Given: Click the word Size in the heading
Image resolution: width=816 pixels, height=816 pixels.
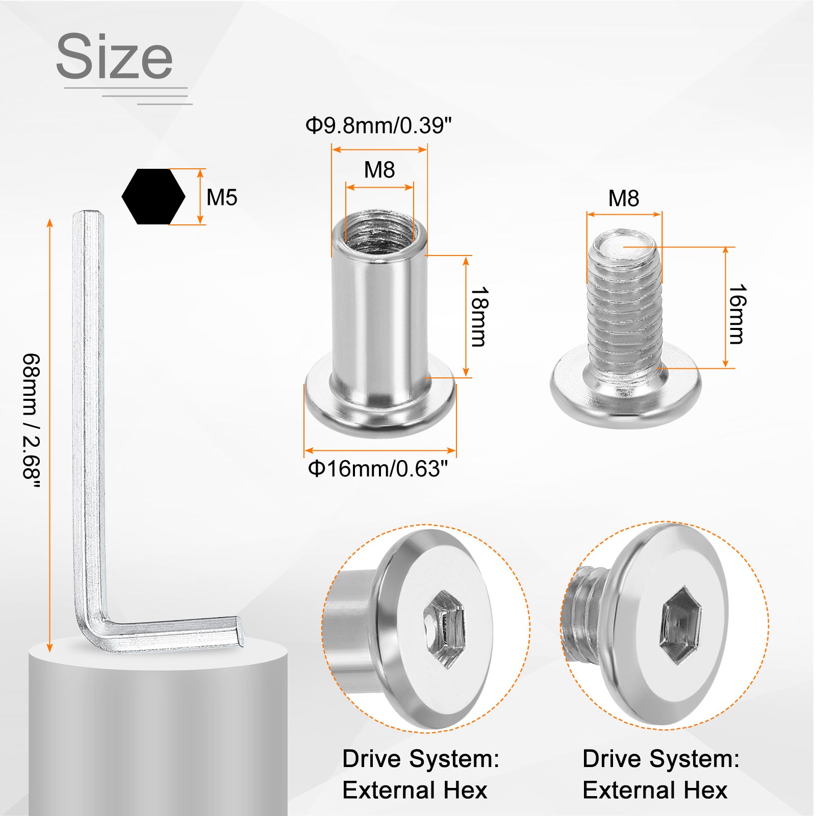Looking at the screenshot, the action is (x=114, y=56).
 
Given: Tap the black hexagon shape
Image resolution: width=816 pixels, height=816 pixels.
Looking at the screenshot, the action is (x=154, y=196).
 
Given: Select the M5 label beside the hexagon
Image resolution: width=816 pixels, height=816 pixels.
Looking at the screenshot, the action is (x=222, y=197).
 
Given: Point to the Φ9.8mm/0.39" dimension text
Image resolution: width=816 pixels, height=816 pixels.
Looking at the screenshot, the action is (x=378, y=125).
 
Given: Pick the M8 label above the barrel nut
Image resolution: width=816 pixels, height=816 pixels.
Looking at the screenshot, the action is (x=379, y=170).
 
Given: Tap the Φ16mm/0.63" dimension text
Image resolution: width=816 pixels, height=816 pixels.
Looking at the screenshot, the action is (x=378, y=469).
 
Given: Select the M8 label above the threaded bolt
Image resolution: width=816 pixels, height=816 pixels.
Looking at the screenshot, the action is (x=624, y=198).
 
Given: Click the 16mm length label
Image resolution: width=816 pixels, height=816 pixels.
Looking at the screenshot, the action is (x=736, y=315).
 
